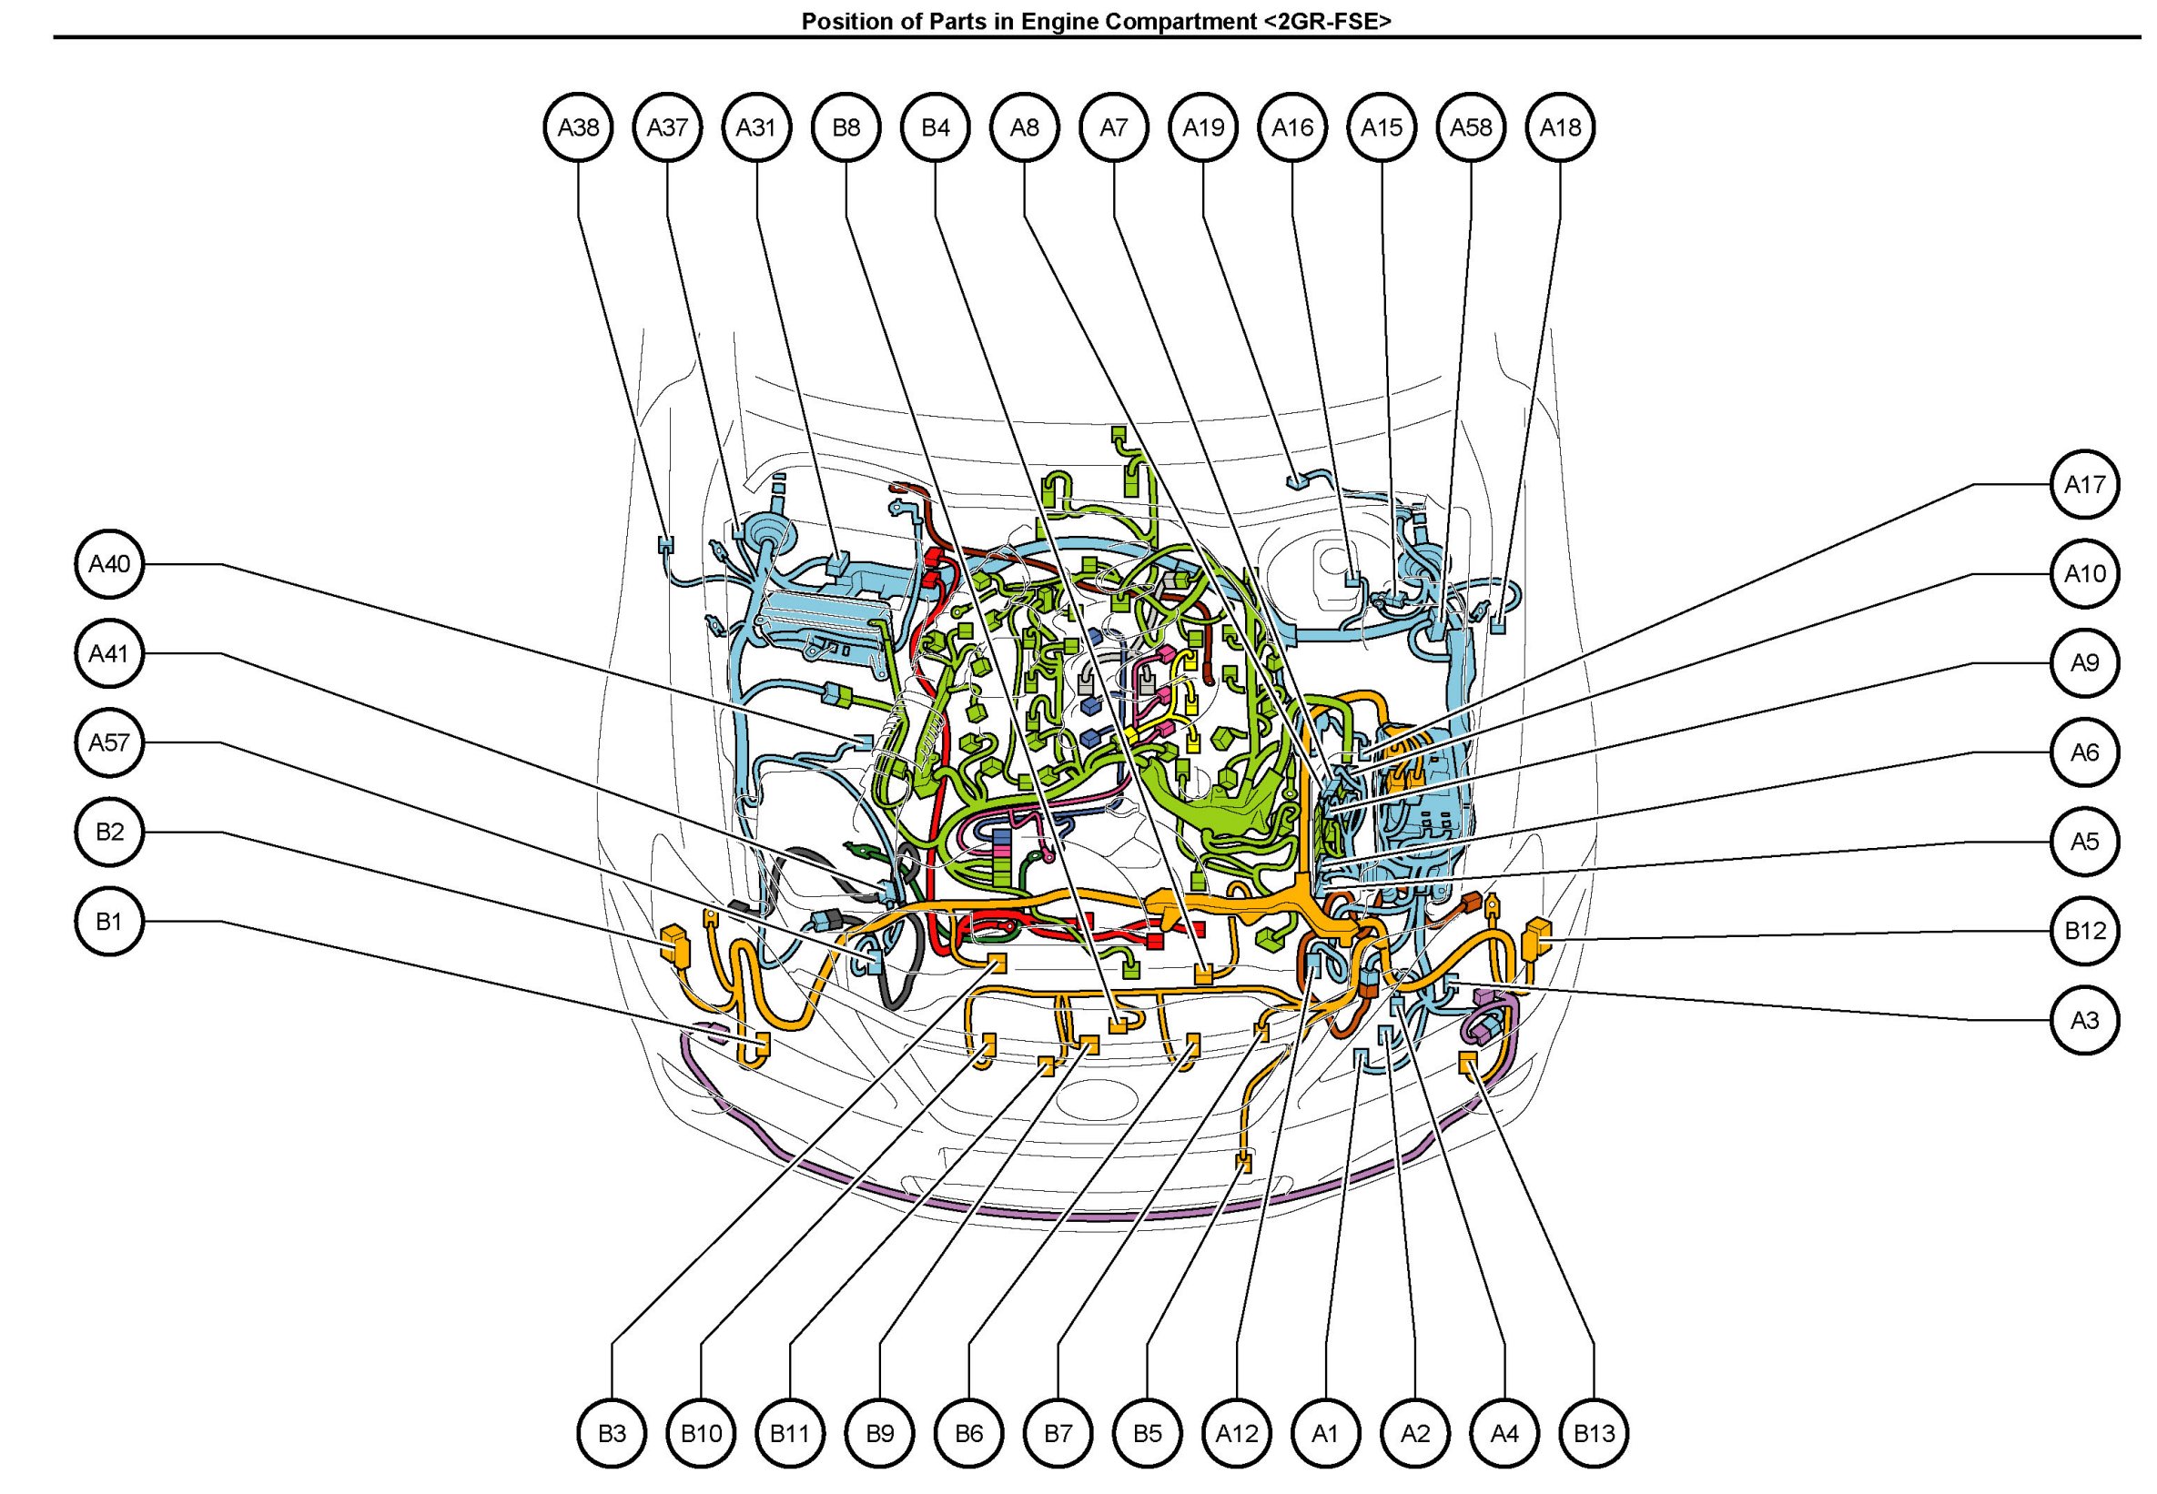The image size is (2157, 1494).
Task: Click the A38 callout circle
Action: pyautogui.click(x=578, y=127)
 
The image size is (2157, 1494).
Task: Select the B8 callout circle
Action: pyautogui.click(x=846, y=127)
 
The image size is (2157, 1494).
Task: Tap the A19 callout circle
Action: pyautogui.click(x=1203, y=127)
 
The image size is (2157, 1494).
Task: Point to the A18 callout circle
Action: pyautogui.click(x=1560, y=127)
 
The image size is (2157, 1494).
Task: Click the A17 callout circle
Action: pyautogui.click(x=2084, y=485)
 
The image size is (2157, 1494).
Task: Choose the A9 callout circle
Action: pyautogui.click(x=2084, y=663)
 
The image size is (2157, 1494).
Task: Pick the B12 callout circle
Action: pyautogui.click(x=2084, y=931)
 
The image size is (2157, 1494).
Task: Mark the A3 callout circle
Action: pyautogui.click(x=2084, y=1020)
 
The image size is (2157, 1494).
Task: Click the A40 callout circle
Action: pyautogui.click(x=109, y=564)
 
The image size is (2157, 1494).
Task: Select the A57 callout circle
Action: pyautogui.click(x=109, y=743)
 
